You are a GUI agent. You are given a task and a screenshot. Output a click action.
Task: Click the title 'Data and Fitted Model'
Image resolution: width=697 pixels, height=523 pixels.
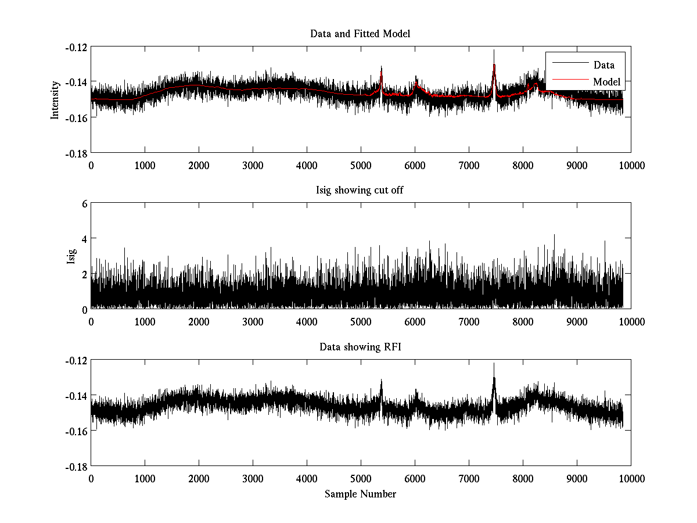coord(360,34)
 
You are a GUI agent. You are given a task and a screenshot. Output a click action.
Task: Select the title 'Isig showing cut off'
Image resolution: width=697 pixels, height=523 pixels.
coord(360,191)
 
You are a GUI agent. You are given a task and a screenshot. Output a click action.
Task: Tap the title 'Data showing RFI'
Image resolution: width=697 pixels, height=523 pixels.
coord(360,348)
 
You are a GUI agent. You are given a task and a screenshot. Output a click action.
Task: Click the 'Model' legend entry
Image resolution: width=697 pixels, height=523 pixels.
coord(606,82)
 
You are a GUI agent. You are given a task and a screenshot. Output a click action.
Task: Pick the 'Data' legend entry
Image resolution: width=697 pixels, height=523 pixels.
coord(603,65)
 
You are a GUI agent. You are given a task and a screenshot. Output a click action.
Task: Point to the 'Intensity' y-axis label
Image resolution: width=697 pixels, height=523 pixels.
coord(55,99)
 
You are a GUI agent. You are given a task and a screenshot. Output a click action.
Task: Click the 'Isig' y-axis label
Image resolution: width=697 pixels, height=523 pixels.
coord(71,256)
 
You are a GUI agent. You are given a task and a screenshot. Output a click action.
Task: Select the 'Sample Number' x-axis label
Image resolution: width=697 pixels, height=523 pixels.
coord(360,495)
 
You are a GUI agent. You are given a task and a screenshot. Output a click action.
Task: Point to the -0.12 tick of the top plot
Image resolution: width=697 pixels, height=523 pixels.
coord(76,47)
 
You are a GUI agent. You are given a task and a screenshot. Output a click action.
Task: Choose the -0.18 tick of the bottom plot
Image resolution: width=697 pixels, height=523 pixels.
coord(76,467)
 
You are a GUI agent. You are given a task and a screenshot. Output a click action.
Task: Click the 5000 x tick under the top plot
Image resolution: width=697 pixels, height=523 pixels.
coord(361,164)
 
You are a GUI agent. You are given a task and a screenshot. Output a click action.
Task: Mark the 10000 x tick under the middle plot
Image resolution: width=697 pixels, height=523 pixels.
coord(631,321)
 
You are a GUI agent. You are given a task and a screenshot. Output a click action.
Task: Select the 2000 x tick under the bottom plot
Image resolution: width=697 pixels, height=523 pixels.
coord(199,478)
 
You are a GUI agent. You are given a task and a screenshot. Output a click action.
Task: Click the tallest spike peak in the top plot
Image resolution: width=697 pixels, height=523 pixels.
coord(494,51)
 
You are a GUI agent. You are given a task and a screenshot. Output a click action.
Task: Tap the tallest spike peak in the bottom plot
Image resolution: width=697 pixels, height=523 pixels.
coord(494,364)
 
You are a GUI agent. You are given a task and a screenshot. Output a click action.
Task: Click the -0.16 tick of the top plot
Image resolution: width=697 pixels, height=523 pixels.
coord(76,117)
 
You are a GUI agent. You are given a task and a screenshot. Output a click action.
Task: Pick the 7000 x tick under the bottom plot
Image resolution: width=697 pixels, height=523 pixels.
coord(469,478)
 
